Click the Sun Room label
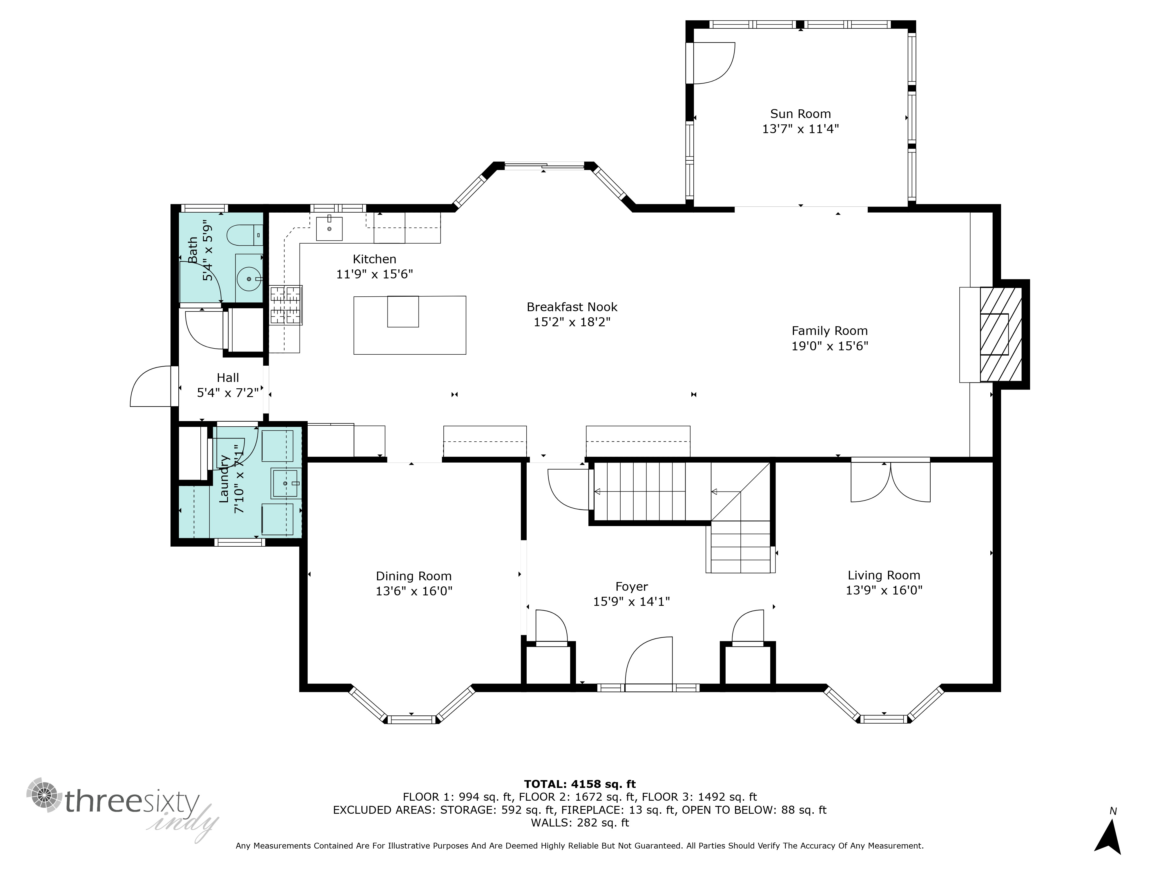pyautogui.click(x=800, y=114)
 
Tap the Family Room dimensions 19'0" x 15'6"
pyautogui.click(x=830, y=346)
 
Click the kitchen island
pyautogui.click(x=409, y=325)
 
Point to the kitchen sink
pyautogui.click(x=329, y=229)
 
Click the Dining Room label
pyautogui.click(x=414, y=576)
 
